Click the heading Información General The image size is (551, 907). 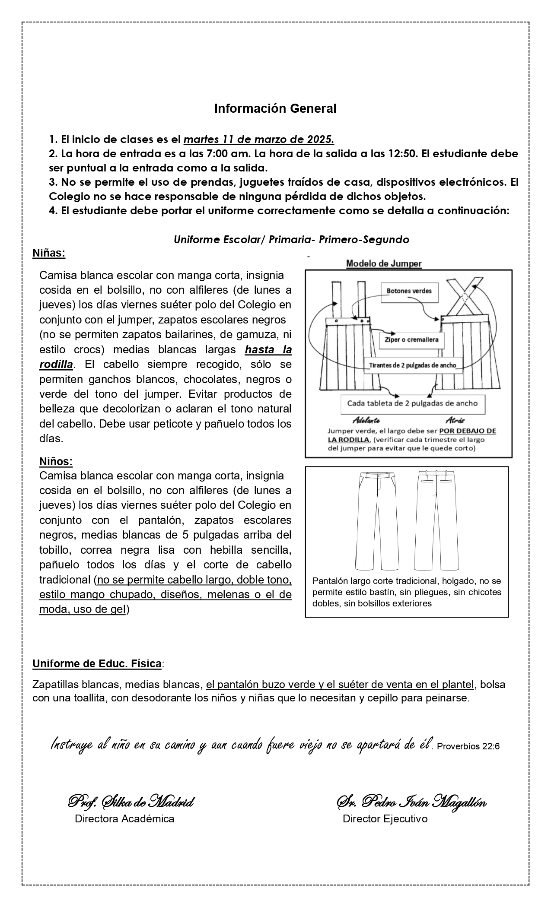[x=275, y=109]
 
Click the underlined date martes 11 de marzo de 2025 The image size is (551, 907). [x=259, y=140]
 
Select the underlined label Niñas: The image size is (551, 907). [x=49, y=253]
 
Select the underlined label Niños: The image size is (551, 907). [x=56, y=461]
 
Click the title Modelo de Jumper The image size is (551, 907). [x=384, y=263]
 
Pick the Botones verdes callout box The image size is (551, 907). [x=409, y=291]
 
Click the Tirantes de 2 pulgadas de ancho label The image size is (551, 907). [x=412, y=365]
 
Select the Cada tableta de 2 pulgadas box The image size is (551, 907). [x=412, y=403]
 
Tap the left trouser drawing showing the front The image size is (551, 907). [x=377, y=520]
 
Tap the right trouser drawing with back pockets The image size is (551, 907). [x=436, y=520]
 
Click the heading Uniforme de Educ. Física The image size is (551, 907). [x=97, y=663]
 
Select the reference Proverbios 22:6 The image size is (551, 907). [x=468, y=746]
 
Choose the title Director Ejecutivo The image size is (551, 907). [x=385, y=819]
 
